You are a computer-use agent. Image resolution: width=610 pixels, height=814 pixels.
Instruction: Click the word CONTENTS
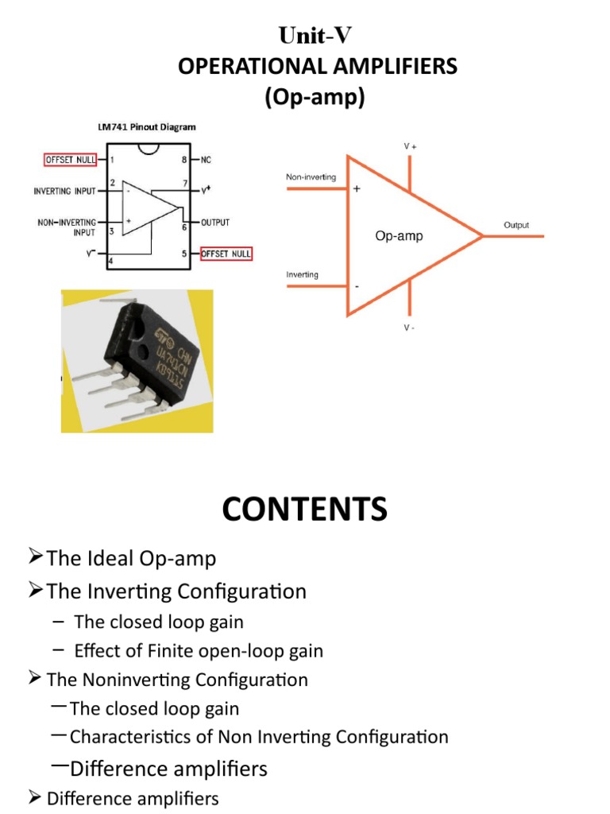[305, 509]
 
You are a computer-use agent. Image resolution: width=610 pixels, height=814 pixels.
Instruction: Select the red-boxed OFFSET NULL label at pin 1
[71, 160]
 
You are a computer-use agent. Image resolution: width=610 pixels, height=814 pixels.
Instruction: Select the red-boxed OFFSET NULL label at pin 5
[226, 254]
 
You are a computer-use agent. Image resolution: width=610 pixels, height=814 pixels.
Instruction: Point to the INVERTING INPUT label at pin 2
[65, 192]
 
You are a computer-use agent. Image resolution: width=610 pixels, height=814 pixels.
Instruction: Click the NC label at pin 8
[206, 160]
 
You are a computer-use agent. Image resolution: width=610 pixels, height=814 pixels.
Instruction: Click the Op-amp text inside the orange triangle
[399, 236]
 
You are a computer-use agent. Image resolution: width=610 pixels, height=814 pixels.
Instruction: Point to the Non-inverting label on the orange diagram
[311, 177]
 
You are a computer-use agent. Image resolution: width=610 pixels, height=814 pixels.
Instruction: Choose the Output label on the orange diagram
[516, 226]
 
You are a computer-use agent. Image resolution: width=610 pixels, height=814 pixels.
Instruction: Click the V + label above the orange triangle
[410, 147]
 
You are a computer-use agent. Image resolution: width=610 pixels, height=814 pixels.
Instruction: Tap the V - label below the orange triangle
[408, 327]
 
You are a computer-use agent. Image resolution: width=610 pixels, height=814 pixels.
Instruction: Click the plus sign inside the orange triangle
[357, 189]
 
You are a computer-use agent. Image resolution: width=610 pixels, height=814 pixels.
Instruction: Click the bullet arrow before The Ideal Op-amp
[34, 557]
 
